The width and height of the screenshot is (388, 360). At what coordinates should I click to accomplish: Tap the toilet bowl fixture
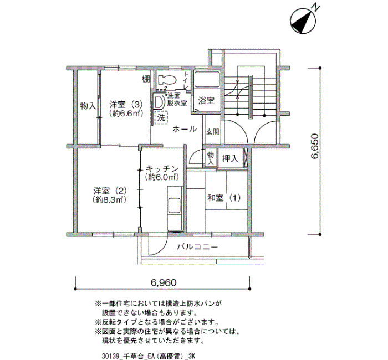coord(167,80)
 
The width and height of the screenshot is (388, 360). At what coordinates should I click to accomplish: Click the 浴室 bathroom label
coord(206,101)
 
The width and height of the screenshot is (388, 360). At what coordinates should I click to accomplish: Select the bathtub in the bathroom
coord(207,79)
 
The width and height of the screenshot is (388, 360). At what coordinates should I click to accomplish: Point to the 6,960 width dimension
coord(164,282)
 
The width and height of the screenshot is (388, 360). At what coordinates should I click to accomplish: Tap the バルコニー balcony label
coord(197,247)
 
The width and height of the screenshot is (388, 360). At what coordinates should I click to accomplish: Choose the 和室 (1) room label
coord(224,198)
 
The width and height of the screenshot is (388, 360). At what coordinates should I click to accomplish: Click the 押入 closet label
coord(230,158)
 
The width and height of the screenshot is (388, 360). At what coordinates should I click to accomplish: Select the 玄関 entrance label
coord(212,132)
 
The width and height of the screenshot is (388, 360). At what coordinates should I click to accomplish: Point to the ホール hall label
coord(185,129)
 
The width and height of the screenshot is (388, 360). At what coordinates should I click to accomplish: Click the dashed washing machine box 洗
coord(161,117)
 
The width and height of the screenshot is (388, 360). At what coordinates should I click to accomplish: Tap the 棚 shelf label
coord(146,79)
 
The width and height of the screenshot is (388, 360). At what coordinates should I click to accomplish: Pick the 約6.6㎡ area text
coord(126,114)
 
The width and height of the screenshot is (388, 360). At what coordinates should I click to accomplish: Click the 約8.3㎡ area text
coord(110,199)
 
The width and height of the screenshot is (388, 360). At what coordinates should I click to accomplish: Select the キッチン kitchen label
coord(162,168)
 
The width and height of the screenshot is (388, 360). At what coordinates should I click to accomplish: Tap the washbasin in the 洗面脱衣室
coord(158,102)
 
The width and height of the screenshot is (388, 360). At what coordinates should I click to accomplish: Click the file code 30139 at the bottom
coord(111,356)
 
